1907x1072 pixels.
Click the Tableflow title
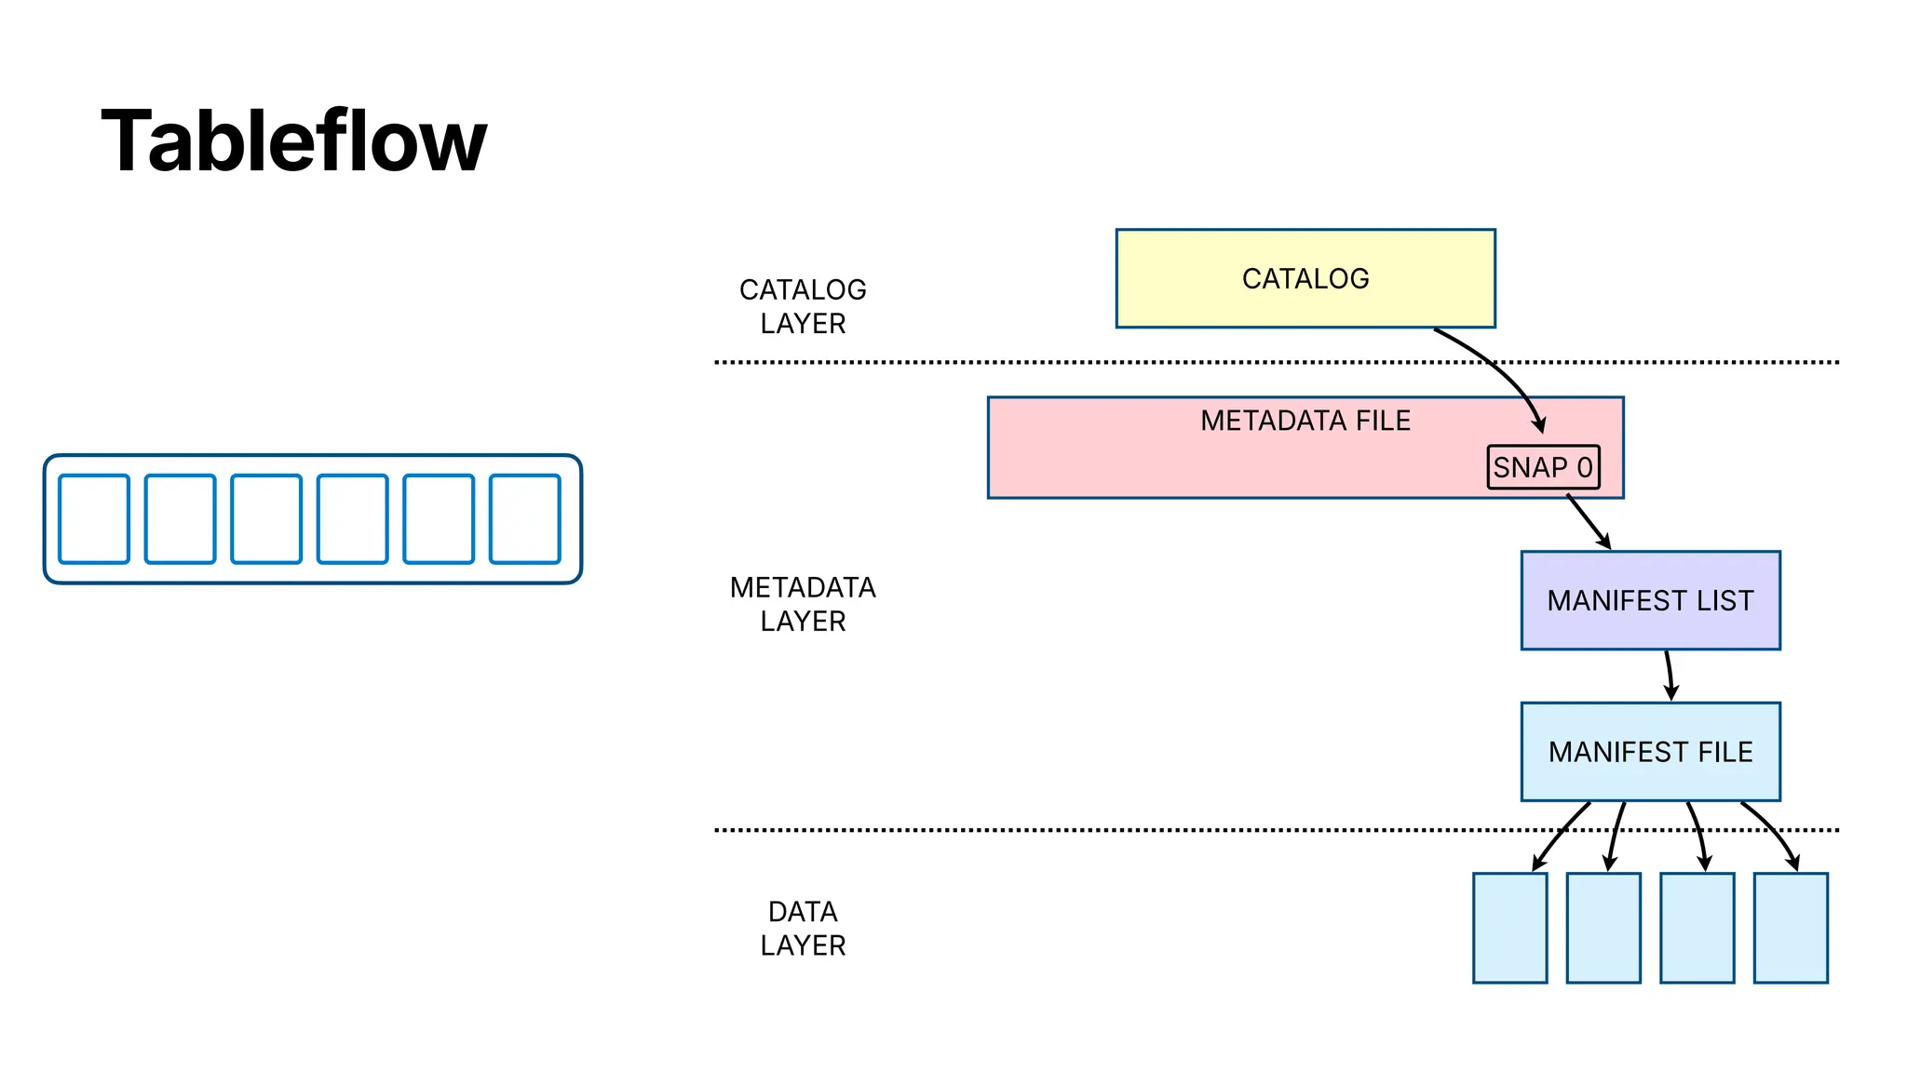pos(293,141)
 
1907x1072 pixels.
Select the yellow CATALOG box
pos(1305,278)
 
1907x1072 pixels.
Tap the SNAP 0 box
pos(1543,467)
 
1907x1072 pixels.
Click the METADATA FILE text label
pos(1305,421)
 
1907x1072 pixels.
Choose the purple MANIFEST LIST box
pos(1650,600)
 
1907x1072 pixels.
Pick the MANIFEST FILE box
pos(1650,752)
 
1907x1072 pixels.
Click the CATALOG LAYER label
pos(803,306)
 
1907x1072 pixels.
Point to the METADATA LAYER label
pos(803,604)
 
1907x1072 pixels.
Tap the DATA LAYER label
pos(803,928)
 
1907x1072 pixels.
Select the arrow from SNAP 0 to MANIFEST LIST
pos(1588,521)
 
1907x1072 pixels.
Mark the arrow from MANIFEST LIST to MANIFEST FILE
pos(1670,676)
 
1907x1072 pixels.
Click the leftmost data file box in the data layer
pos(1509,928)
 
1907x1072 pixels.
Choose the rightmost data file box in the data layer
pos(1791,928)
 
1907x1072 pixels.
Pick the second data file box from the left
pos(1603,928)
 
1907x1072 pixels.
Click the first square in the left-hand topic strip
pos(94,519)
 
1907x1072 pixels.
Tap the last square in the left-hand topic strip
pos(525,519)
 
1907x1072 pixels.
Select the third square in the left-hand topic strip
pos(266,519)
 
